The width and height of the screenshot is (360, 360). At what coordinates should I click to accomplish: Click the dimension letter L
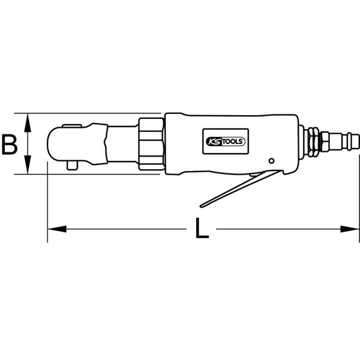[x=202, y=229]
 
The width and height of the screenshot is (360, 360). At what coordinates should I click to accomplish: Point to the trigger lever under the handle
[x=240, y=189]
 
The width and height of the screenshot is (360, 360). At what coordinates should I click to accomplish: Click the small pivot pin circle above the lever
[x=272, y=161]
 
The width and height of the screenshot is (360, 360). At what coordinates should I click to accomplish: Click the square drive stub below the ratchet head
[x=73, y=164]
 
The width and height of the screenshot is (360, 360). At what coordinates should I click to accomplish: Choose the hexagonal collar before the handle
[x=151, y=144]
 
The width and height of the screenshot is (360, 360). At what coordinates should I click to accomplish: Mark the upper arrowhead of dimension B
[x=27, y=119]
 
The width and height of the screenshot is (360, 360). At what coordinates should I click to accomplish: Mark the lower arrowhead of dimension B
[x=27, y=168]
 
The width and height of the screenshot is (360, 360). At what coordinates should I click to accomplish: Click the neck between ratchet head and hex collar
[x=124, y=144]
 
